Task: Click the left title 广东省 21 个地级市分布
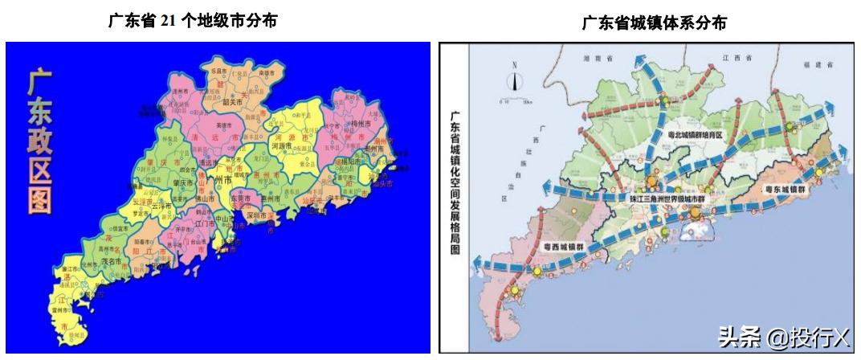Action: (x=193, y=22)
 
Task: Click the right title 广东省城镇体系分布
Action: (x=655, y=24)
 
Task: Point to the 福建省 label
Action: (x=818, y=60)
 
